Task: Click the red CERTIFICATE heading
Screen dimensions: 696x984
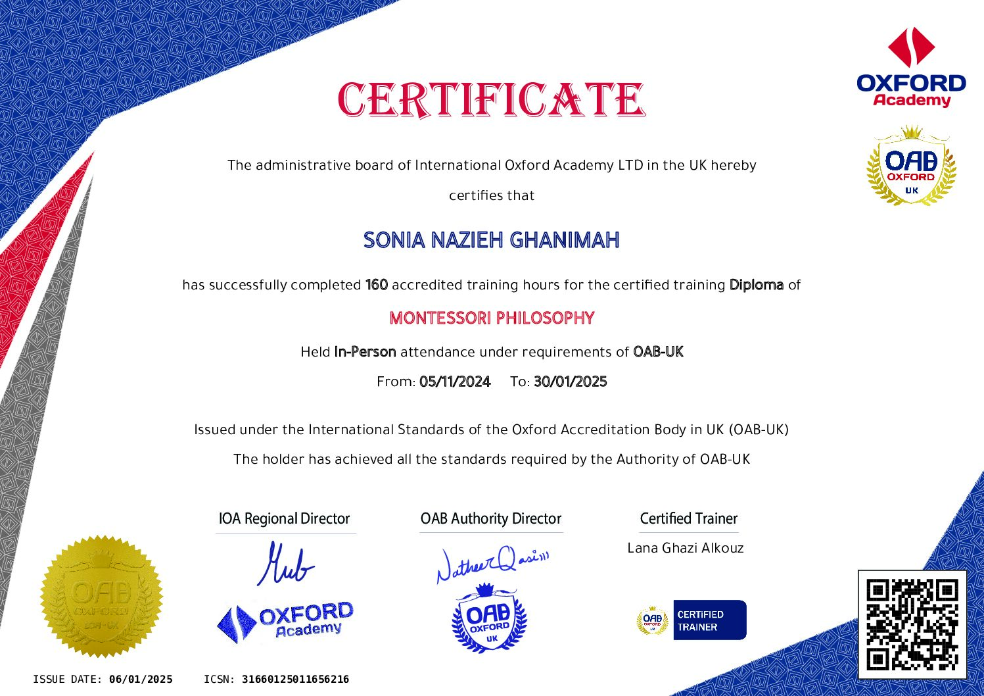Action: coord(492,100)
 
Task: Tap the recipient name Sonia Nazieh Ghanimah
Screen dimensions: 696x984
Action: coord(492,240)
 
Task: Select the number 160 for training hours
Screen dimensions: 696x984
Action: coord(377,285)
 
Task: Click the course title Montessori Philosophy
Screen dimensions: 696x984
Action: coord(492,318)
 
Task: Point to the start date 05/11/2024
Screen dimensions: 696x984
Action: coord(455,382)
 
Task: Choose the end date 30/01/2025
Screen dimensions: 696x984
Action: coord(571,382)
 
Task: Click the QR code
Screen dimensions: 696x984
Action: coord(912,624)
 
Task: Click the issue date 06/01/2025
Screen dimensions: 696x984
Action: coord(141,680)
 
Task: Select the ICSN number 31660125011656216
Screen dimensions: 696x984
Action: coord(295,680)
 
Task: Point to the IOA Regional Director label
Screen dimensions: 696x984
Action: coord(284,518)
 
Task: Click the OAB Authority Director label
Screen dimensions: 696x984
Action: coord(491,518)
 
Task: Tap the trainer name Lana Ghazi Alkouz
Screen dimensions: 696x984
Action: coord(686,548)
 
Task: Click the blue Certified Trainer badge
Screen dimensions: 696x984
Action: coord(709,620)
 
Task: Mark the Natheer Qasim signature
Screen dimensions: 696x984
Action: coord(492,563)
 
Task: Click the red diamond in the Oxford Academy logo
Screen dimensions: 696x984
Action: coord(911,47)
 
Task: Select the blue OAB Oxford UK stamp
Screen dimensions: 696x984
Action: coord(490,618)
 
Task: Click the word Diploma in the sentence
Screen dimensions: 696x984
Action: coord(757,285)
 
